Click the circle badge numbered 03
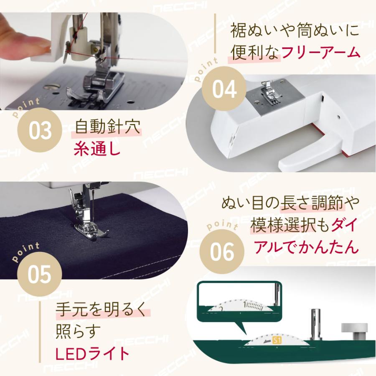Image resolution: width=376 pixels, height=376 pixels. point(40,130)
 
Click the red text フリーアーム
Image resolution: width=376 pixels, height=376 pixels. point(320,53)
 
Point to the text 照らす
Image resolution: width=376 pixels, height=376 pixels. point(79,332)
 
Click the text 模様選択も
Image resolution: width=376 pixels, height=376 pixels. point(290,226)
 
